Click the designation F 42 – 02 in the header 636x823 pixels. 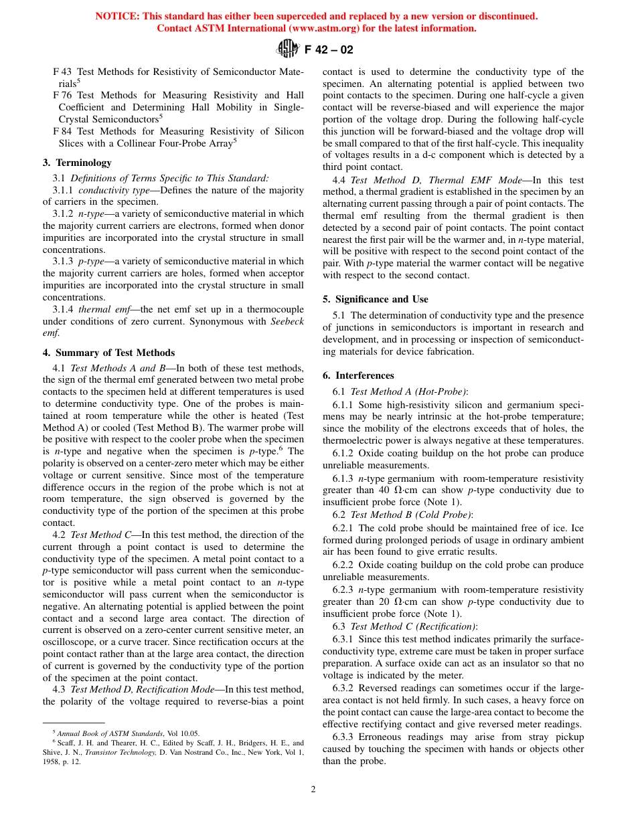pyautogui.click(x=329, y=50)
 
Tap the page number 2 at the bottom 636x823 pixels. pyautogui.click(x=313, y=789)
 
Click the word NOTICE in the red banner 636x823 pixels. pyautogui.click(x=117, y=16)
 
